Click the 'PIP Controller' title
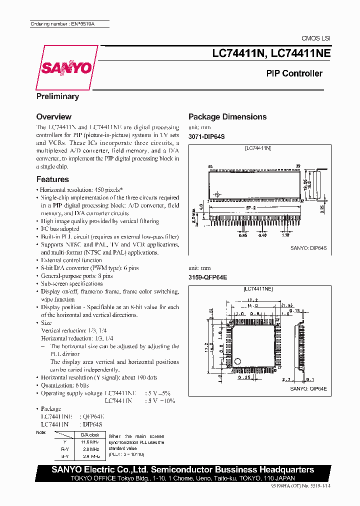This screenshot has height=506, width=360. click(294, 73)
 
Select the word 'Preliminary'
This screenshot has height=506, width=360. click(57, 96)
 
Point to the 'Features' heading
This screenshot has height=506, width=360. click(52, 179)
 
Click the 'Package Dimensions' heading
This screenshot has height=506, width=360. click(227, 117)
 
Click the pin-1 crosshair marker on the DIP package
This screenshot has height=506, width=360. click(216, 194)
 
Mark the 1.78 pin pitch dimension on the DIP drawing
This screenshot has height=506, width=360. click(285, 234)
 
